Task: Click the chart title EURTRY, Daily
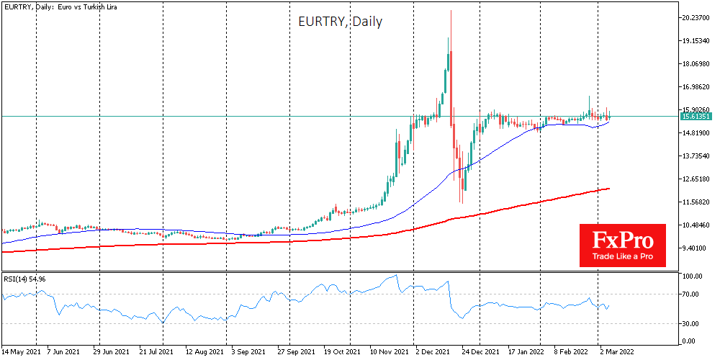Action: pos(340,22)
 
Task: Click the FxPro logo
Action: pos(623,239)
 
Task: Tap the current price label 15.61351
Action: pos(696,116)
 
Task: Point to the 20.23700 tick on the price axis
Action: pos(696,17)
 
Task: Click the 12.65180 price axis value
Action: pos(696,179)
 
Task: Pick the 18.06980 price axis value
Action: pos(696,63)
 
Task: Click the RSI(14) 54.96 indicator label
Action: pos(24,278)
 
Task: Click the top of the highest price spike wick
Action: pos(451,11)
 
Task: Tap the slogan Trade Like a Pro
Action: pos(623,256)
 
